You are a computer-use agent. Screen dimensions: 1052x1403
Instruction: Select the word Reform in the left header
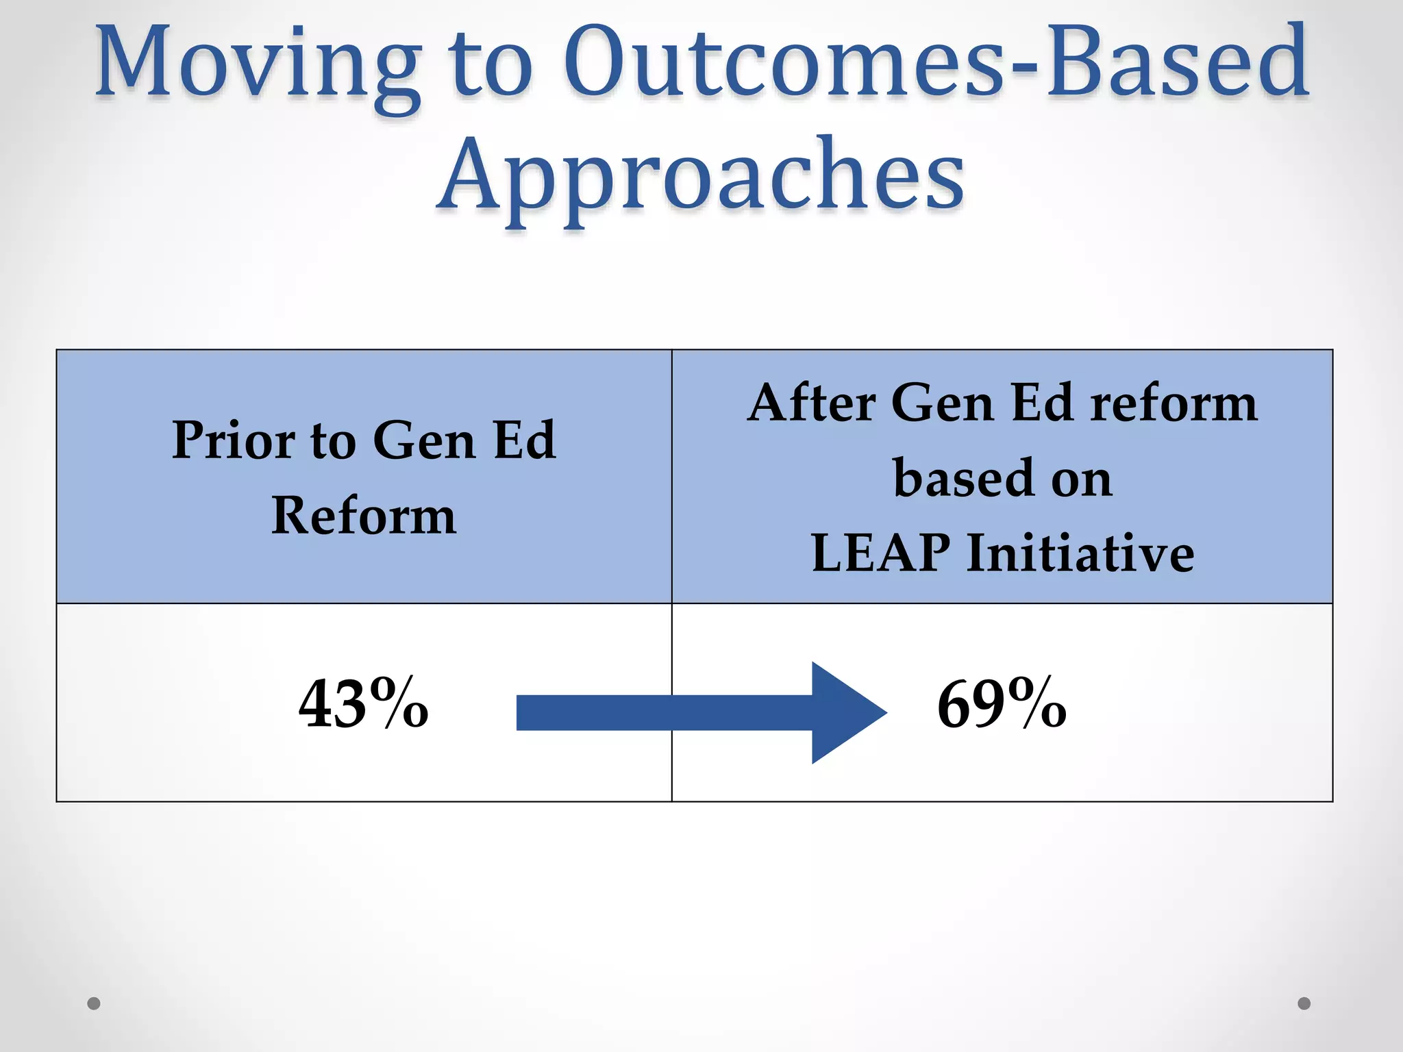pyautogui.click(x=364, y=515)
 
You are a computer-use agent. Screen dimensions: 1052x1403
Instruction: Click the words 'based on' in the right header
pyautogui.click(x=1002, y=477)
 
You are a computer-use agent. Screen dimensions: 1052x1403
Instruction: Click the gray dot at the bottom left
pyautogui.click(x=94, y=1003)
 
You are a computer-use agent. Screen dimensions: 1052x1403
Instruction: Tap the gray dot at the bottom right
pyautogui.click(x=1304, y=1003)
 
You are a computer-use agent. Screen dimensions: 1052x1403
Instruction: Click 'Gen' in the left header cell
pyautogui.click(x=424, y=440)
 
